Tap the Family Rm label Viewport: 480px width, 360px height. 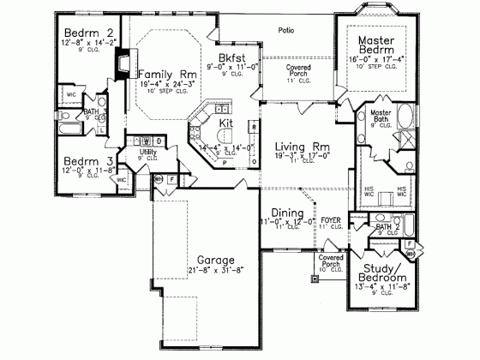(x=166, y=75)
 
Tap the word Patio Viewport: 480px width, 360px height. (x=286, y=30)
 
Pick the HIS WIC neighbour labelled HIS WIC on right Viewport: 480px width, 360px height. (x=403, y=191)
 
